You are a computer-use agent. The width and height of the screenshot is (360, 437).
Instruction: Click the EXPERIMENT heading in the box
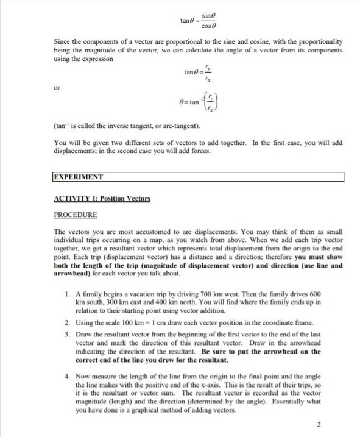(79, 177)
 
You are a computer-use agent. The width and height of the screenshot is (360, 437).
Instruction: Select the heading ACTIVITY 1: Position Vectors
(102, 199)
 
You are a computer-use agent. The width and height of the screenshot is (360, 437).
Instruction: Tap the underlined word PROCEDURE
(75, 215)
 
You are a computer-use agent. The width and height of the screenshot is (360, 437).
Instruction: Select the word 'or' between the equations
(57, 88)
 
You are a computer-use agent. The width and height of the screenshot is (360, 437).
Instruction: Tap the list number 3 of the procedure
(66, 335)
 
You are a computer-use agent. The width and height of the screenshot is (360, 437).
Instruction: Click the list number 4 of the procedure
(66, 378)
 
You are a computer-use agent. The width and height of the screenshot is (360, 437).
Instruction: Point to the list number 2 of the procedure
(66, 322)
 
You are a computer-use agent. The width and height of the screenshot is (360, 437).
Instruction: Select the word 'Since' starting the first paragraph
(63, 41)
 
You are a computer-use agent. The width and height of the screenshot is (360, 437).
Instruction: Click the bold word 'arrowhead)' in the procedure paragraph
(73, 274)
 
